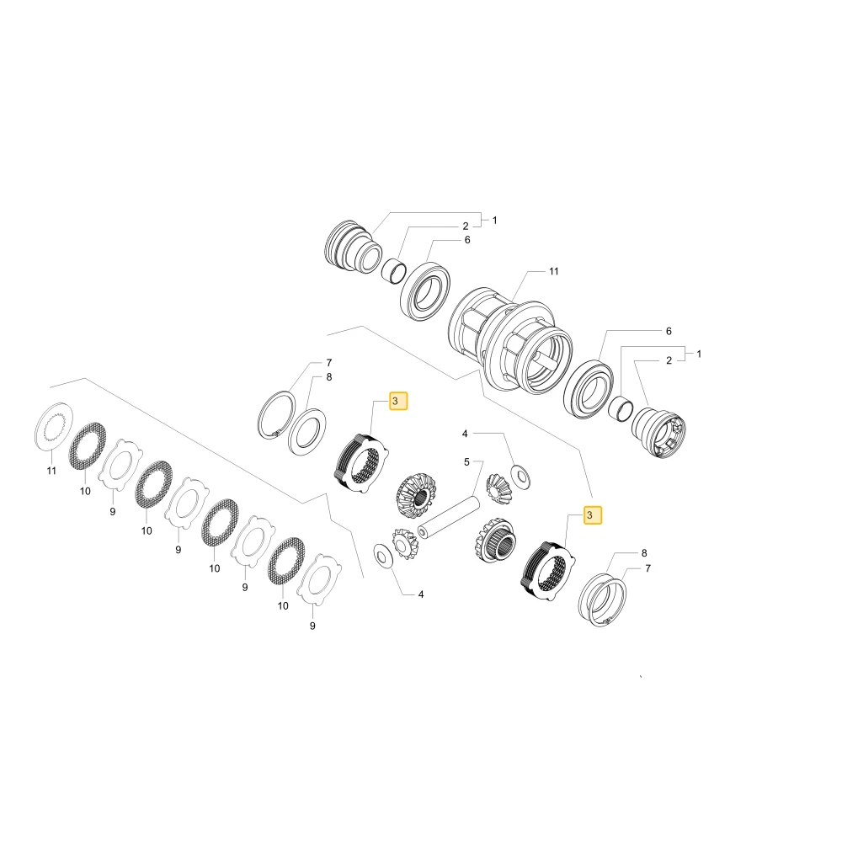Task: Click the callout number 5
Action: pos(466,461)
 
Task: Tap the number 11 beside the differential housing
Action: pos(554,271)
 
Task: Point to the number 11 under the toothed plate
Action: pos(51,471)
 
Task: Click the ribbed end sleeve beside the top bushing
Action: pos(354,248)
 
